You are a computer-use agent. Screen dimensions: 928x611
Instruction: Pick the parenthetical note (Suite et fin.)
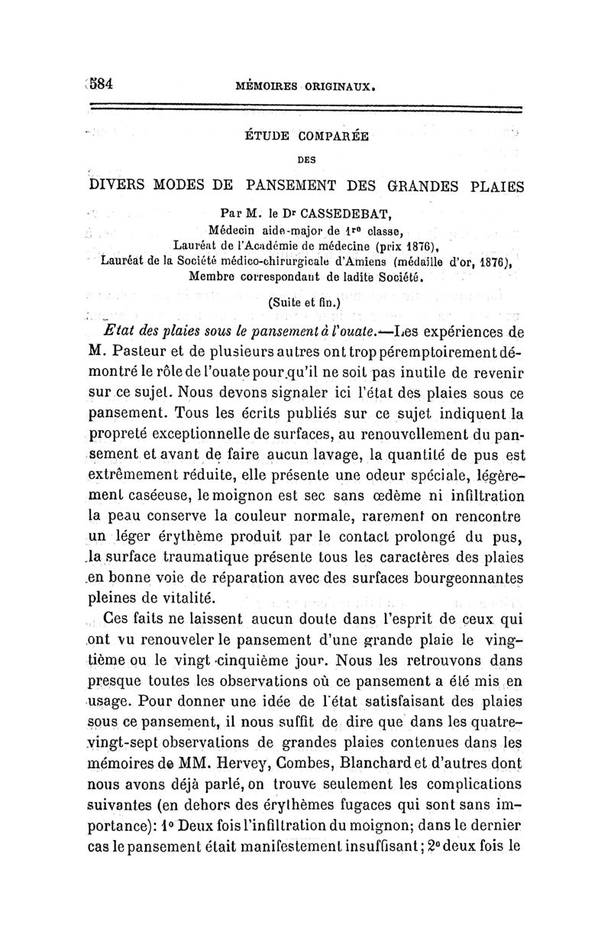pyautogui.click(x=305, y=302)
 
